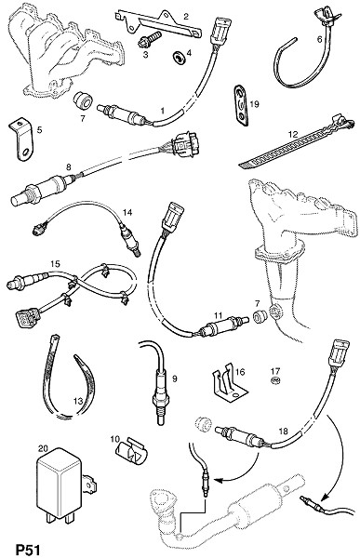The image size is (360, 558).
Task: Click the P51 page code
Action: point(28,549)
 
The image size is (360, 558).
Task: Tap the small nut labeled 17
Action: point(274,381)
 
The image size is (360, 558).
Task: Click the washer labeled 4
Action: point(178,57)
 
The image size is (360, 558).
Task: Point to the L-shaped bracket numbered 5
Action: point(21,139)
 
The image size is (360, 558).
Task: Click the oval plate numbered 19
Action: point(240,105)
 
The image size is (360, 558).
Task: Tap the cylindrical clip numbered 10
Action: point(131,451)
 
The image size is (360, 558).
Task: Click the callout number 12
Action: point(293,134)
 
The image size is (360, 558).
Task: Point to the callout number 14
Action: point(127,212)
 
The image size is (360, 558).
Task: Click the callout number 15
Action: point(55,264)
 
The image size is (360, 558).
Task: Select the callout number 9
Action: point(175,379)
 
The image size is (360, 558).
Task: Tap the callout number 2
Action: point(186,16)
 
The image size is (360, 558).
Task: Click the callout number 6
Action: point(319,39)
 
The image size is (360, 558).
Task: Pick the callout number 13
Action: point(78,402)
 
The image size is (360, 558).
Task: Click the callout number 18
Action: point(283,432)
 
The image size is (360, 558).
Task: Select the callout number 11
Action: point(218,315)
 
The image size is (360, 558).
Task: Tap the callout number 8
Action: point(68,166)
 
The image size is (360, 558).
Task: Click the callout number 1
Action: point(163,111)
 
